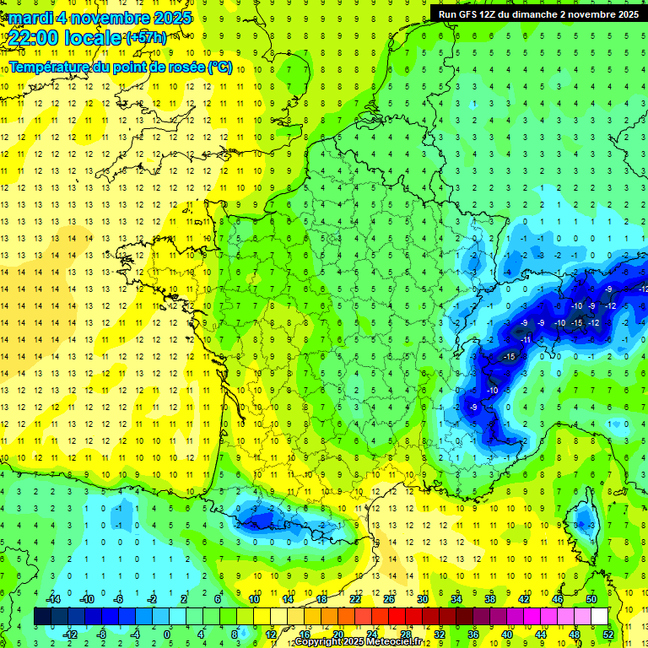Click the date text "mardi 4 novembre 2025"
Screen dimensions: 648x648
[100, 18]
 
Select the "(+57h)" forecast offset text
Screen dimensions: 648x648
[146, 38]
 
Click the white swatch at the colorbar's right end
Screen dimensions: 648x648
[600, 617]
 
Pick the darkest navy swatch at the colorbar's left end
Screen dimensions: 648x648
[41, 617]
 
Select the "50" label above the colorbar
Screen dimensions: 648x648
[591, 599]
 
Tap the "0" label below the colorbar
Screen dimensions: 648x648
[167, 634]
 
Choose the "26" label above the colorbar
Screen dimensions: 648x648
[389, 599]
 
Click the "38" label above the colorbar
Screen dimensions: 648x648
[490, 599]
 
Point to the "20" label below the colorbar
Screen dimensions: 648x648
[337, 634]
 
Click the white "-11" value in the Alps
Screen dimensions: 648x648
[525, 338]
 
